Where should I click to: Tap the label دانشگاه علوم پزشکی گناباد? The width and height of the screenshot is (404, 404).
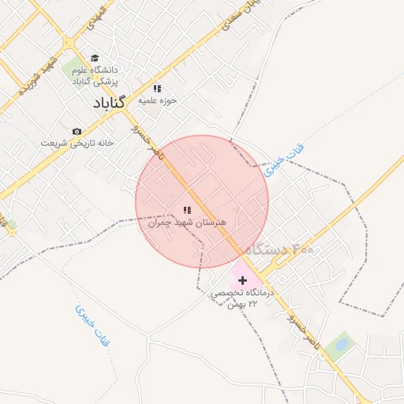point(95,75)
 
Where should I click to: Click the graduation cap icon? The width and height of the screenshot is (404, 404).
point(95,58)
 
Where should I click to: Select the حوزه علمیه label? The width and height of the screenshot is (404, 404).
point(157,100)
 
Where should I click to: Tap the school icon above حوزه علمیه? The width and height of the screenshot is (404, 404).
point(157,88)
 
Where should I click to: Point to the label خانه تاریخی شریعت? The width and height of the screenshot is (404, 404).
point(77,143)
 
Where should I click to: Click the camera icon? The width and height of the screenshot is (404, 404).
point(77,131)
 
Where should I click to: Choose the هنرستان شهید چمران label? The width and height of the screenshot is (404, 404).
point(187,223)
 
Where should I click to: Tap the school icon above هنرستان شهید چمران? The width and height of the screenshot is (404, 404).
point(187,210)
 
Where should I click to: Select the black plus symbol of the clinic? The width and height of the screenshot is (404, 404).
point(242,280)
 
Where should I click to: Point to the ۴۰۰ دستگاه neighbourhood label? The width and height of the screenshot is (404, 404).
point(279,249)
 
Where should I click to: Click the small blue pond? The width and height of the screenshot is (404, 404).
point(342,343)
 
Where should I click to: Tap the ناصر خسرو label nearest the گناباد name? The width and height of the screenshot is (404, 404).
point(146,141)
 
